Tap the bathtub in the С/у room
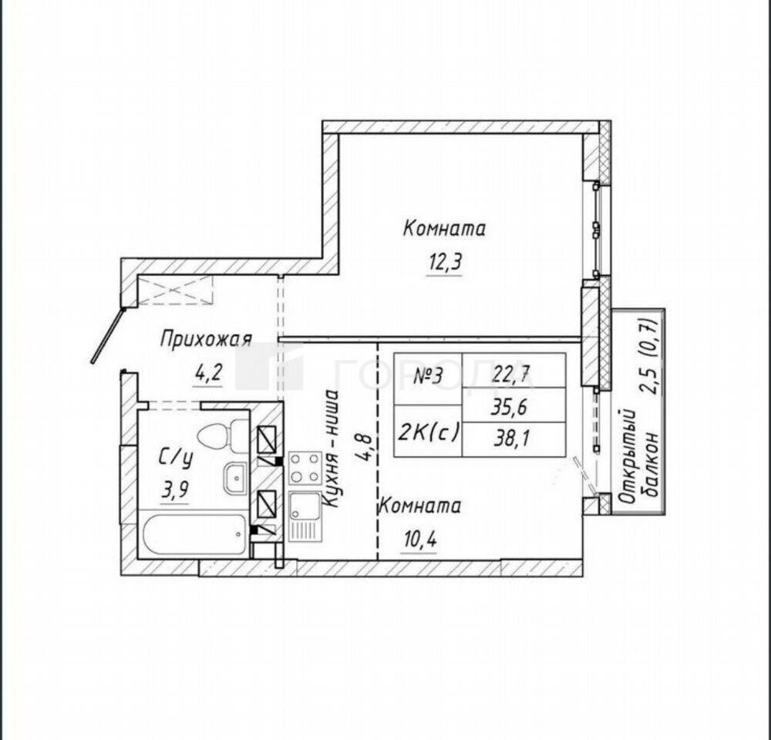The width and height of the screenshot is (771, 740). click(x=195, y=534)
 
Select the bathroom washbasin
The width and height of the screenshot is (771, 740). click(x=237, y=477)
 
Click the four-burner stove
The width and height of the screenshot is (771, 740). click(x=305, y=468)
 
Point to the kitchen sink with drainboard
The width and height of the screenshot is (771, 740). click(x=305, y=516)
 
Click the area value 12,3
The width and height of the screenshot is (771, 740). click(x=445, y=263)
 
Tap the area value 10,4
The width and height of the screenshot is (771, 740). click(x=419, y=540)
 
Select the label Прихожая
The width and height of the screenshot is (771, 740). click(x=207, y=339)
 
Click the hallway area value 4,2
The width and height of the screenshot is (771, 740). click(x=209, y=374)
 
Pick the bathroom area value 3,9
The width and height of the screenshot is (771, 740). click(x=176, y=490)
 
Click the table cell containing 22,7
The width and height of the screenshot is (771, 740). click(x=513, y=370)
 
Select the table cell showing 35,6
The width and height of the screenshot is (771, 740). click(x=513, y=405)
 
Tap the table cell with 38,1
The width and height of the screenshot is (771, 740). click(x=513, y=439)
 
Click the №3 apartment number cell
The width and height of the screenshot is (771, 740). click(x=428, y=379)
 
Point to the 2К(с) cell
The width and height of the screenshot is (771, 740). click(x=428, y=431)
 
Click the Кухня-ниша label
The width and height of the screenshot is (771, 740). click(x=330, y=449)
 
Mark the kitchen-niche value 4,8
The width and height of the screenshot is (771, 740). click(x=365, y=447)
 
